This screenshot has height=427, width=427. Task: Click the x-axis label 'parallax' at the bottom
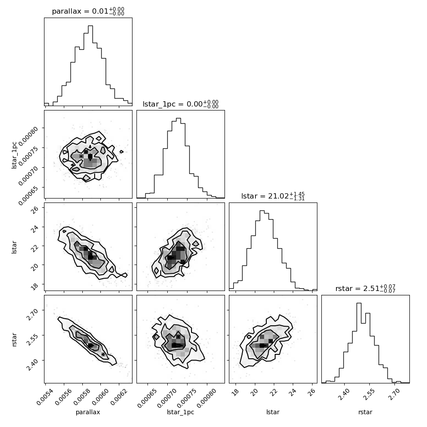click(x=88, y=412)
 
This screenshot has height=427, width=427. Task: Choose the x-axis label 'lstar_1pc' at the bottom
click(x=180, y=412)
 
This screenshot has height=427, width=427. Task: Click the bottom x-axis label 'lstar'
click(x=273, y=412)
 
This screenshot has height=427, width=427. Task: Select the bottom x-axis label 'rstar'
click(x=365, y=412)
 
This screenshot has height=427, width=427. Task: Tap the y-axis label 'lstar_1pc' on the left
click(x=14, y=155)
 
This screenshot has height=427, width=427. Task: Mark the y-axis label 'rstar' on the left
click(x=14, y=339)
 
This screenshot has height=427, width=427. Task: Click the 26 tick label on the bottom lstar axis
click(x=312, y=392)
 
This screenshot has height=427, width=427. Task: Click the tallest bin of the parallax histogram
click(x=90, y=66)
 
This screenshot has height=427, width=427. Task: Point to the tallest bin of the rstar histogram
click(x=359, y=343)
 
